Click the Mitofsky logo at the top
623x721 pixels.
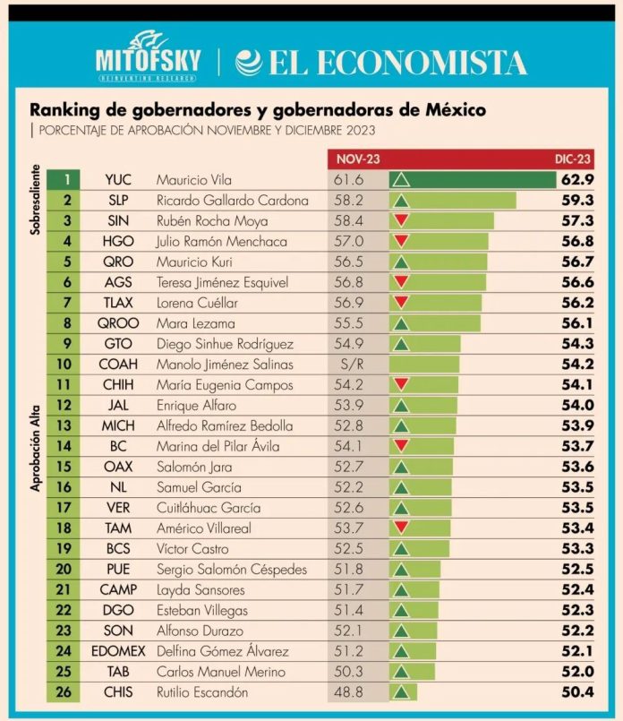click(x=148, y=60)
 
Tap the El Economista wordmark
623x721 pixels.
click(x=381, y=63)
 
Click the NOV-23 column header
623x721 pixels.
click(x=358, y=159)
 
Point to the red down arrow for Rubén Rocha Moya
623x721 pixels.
click(x=402, y=220)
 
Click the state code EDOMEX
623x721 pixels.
click(x=118, y=651)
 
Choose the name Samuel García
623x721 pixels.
click(x=199, y=487)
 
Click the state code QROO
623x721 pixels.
click(x=118, y=323)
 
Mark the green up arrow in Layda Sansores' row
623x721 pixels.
click(x=402, y=590)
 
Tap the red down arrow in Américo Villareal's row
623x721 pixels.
click(x=402, y=528)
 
